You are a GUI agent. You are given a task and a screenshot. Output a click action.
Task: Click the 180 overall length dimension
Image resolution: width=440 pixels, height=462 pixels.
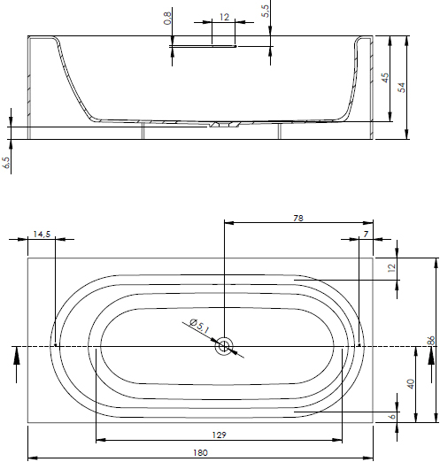[x=200, y=452]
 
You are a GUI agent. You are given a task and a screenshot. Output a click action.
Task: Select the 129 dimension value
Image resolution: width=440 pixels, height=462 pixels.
[x=219, y=435]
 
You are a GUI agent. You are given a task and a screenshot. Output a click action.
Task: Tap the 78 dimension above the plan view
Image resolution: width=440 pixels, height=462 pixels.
[x=298, y=218]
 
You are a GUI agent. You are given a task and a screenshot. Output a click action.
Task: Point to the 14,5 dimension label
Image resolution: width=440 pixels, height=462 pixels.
[x=42, y=235]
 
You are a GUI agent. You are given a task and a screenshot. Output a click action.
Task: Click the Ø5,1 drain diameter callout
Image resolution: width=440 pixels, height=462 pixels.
[x=199, y=326]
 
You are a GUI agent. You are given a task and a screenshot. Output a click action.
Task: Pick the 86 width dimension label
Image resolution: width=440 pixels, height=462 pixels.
[x=431, y=341]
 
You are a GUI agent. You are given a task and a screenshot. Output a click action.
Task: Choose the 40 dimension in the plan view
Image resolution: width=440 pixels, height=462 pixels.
[x=411, y=383]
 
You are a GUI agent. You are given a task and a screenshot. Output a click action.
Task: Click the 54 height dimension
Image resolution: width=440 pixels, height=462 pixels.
[x=402, y=88]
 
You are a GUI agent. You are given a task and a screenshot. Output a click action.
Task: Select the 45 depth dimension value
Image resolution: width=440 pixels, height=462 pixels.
[x=385, y=78]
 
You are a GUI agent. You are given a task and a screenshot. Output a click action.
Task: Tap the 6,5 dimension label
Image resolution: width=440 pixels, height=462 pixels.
[x=6, y=163]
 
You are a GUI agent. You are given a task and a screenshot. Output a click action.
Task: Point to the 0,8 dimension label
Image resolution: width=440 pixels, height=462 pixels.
[x=167, y=19]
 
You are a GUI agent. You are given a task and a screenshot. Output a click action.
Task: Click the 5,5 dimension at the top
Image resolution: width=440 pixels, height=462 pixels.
[x=266, y=11]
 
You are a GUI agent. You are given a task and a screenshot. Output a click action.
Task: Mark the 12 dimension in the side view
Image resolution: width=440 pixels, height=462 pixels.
[x=224, y=17]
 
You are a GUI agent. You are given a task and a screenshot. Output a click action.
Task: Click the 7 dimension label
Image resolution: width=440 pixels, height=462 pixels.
[x=366, y=235]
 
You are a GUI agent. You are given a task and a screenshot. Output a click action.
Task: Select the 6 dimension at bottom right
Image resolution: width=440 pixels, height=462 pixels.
[x=392, y=416]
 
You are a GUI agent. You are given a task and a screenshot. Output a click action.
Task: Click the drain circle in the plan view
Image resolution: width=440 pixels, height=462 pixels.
[x=224, y=346]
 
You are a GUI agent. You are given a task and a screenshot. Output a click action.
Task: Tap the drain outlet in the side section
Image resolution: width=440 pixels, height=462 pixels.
[x=224, y=125]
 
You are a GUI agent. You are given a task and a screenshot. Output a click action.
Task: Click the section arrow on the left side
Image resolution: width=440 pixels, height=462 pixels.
[x=17, y=364]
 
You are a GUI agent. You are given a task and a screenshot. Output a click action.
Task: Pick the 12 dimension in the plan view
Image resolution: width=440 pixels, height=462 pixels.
[x=391, y=268]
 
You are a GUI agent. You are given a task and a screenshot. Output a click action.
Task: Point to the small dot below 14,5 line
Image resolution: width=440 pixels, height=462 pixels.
[x=56, y=344]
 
